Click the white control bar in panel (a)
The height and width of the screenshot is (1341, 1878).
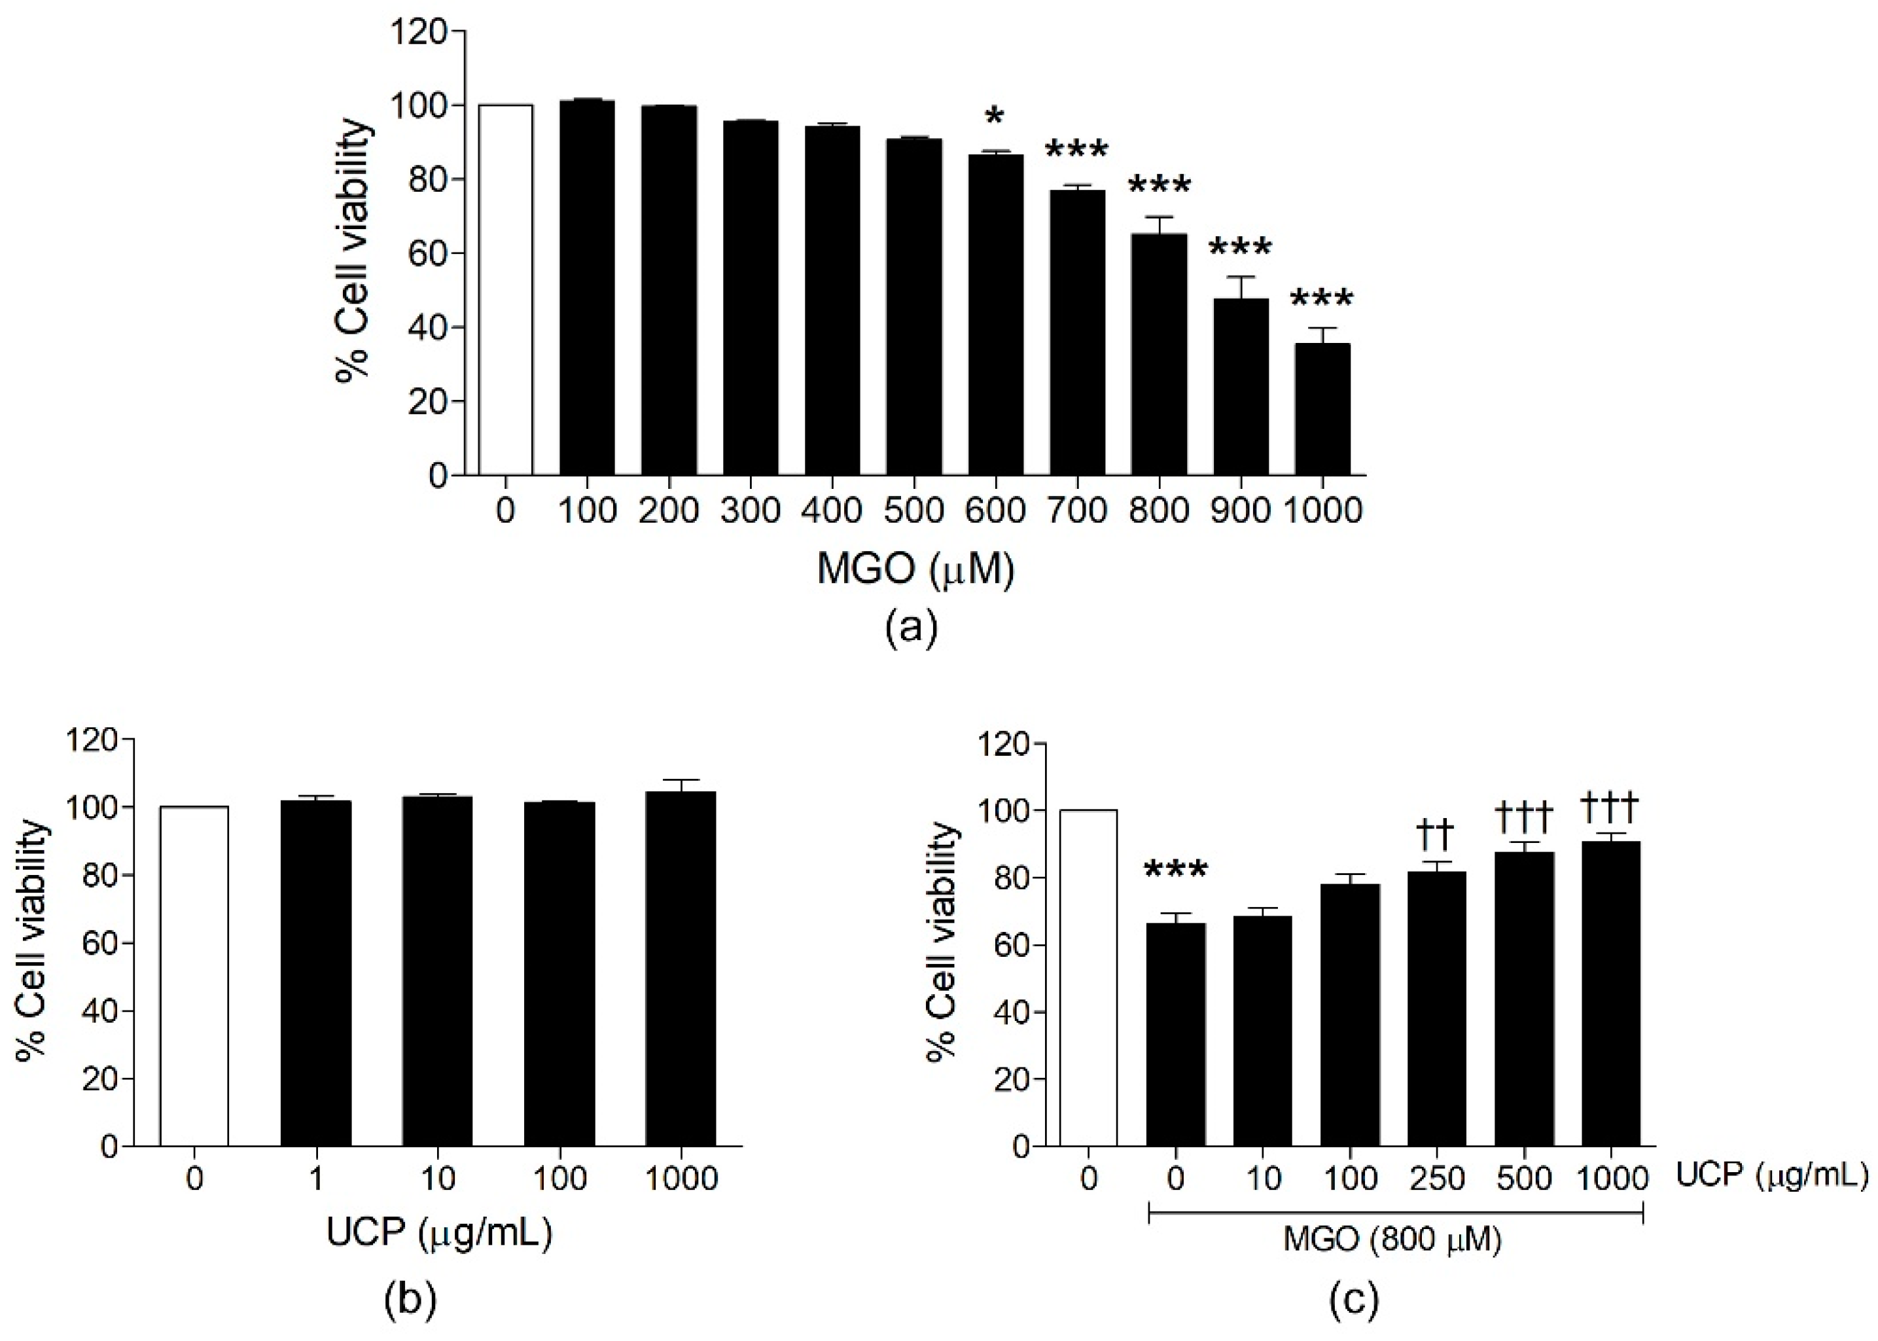[505, 290]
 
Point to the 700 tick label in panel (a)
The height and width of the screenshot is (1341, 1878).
[1077, 511]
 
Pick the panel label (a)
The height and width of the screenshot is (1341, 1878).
[912, 628]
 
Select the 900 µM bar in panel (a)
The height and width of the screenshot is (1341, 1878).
[1240, 386]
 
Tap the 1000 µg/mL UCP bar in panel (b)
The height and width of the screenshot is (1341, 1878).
[681, 969]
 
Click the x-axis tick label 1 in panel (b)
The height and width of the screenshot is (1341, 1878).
[315, 1179]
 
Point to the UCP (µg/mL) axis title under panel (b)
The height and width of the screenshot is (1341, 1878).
[438, 1234]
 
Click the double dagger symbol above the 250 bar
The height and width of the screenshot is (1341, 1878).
[1436, 836]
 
